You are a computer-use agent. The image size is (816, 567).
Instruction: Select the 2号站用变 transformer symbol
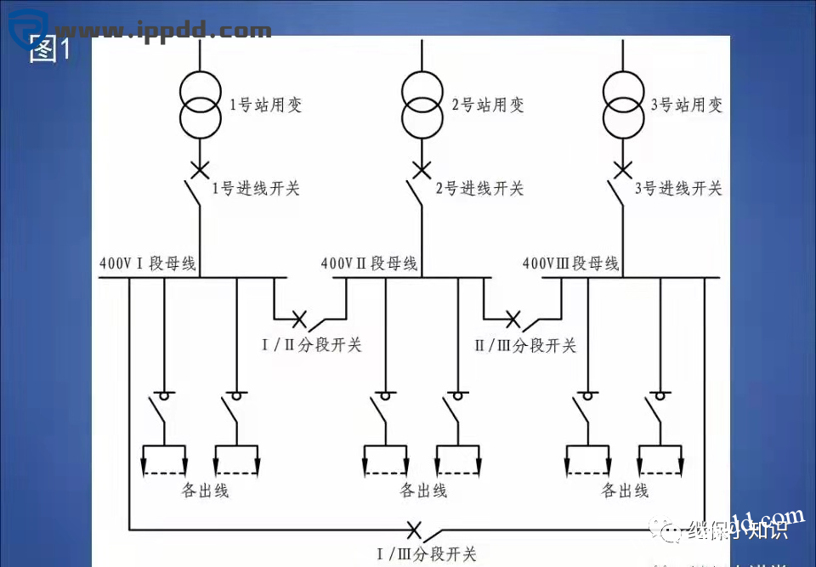[x=422, y=105]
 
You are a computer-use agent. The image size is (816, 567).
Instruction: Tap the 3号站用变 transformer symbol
[x=624, y=105]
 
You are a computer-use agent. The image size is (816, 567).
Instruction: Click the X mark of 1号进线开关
[x=200, y=170]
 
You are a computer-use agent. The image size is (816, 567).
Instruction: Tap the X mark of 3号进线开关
[x=624, y=170]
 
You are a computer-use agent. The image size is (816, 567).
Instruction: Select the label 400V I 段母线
[x=148, y=264]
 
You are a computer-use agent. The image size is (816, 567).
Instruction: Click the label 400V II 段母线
[x=369, y=264]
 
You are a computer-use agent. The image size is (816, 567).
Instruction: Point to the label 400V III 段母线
[x=570, y=264]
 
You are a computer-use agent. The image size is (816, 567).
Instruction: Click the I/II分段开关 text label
[x=311, y=344]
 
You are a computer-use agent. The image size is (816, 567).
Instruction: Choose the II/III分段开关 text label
[x=524, y=344]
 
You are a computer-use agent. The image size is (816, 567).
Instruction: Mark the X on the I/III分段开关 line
[x=414, y=530]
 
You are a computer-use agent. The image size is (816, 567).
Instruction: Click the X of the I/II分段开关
[x=299, y=319]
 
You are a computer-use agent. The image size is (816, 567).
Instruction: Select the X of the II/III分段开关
[x=513, y=319]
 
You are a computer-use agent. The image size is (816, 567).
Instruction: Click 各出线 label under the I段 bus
[x=205, y=490]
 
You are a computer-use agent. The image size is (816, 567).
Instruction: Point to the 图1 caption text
[x=49, y=50]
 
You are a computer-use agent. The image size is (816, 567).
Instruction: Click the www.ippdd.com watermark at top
[x=161, y=31]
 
